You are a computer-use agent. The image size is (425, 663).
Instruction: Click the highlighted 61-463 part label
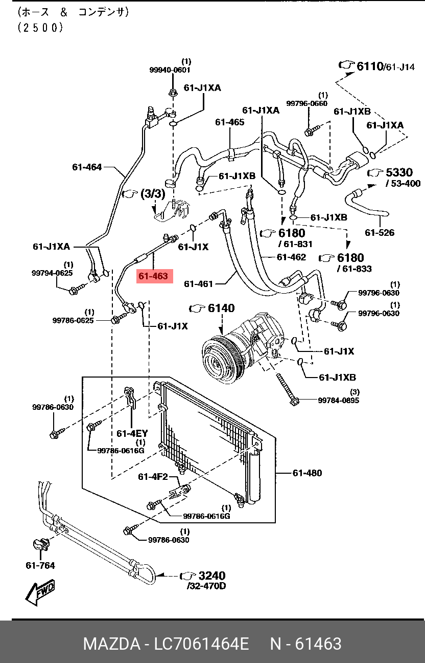tap(153, 276)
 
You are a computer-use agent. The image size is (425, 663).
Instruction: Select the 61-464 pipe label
tap(87, 167)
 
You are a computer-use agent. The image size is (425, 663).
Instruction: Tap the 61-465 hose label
tap(229, 122)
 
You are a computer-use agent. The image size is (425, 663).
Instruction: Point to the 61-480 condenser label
tap(307, 473)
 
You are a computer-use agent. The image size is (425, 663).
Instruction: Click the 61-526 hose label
tap(380, 233)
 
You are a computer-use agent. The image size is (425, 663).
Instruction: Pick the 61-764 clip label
tap(40, 565)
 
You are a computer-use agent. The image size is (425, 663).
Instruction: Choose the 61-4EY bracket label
tap(132, 433)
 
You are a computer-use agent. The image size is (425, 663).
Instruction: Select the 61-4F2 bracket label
tap(153, 477)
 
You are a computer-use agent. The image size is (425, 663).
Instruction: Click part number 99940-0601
tap(170, 70)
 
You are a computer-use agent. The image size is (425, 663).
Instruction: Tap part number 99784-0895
tap(338, 400)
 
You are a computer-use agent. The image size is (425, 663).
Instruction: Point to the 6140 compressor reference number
tap(221, 308)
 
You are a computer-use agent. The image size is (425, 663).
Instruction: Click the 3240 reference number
tap(211, 576)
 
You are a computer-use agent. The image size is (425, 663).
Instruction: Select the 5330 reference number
tap(399, 172)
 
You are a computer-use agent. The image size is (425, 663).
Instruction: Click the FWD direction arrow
tap(39, 592)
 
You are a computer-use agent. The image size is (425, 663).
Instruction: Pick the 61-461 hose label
tap(198, 283)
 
